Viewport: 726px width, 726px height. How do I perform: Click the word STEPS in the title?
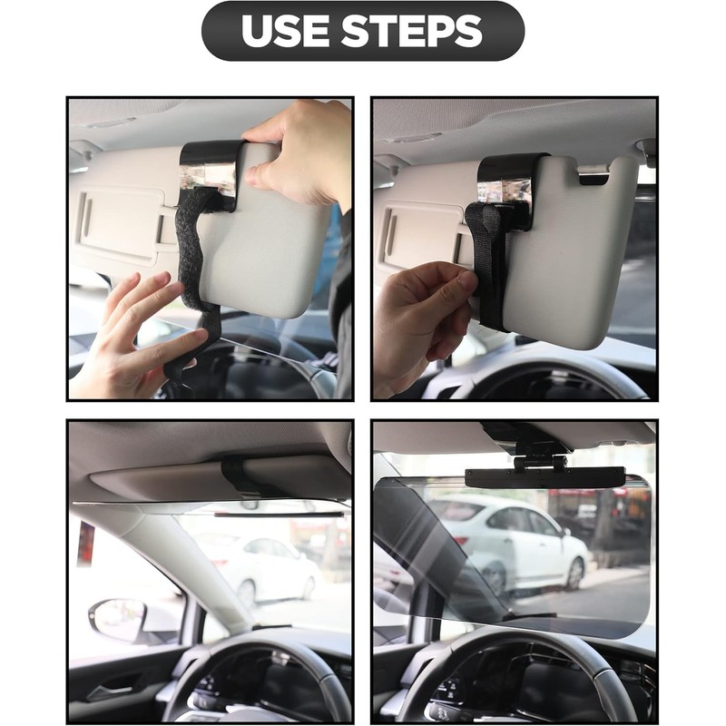[412, 31]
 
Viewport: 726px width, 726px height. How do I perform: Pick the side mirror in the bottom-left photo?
[117, 620]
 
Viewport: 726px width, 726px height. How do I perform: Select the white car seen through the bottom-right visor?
[508, 544]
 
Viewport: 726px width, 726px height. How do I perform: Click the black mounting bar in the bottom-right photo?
[544, 477]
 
